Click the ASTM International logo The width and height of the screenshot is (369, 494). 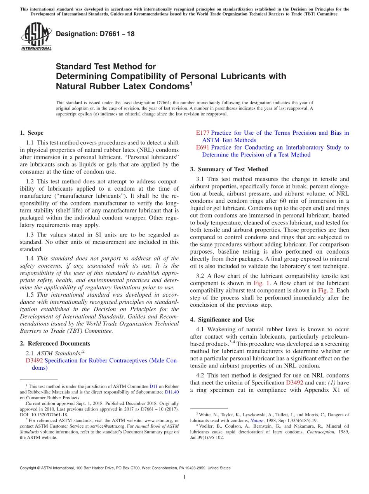pos(36,37)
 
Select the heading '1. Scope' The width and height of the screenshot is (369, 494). pos(32,133)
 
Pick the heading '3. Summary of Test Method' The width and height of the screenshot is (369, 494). pos(229,169)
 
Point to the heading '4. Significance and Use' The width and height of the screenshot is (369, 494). pos(223,320)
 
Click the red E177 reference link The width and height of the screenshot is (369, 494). pos(203,133)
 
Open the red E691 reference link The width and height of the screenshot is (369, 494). pos(203,148)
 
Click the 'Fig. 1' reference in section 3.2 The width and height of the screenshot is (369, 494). pos(261,283)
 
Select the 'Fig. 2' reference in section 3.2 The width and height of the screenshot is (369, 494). pos(326,290)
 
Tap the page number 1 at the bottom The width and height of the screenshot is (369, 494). pos(184,477)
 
